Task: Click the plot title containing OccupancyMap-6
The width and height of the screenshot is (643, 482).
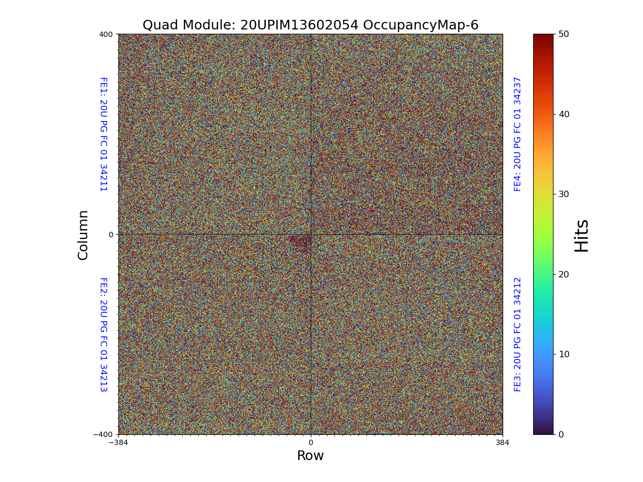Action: (x=310, y=25)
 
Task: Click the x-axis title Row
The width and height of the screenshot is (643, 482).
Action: (x=310, y=456)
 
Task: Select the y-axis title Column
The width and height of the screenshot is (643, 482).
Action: (x=83, y=235)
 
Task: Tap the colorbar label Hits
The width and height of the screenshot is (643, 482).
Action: (x=581, y=235)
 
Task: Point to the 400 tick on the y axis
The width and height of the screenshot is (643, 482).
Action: (x=106, y=34)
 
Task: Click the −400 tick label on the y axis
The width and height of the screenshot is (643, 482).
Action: (x=103, y=434)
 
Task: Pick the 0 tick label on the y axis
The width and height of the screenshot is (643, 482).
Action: (x=111, y=235)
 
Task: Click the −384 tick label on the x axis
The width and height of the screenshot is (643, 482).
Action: (x=118, y=443)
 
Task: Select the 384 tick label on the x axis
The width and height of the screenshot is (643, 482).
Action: (x=503, y=443)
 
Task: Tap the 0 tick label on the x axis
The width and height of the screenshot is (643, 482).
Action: (x=310, y=443)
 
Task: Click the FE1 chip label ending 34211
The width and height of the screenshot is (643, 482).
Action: (x=103, y=134)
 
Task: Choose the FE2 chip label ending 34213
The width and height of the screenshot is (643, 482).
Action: (x=103, y=335)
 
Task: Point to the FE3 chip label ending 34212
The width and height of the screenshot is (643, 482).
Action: (x=518, y=335)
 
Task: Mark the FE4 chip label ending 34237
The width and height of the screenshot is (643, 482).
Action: (x=518, y=134)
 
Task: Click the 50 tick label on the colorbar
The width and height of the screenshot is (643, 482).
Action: (x=563, y=34)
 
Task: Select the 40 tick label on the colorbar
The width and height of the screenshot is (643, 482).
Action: (x=563, y=114)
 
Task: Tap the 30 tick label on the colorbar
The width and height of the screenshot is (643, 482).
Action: (x=563, y=194)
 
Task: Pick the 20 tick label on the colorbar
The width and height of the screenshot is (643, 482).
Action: (x=563, y=274)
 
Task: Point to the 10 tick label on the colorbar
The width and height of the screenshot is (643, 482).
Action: (x=563, y=354)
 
